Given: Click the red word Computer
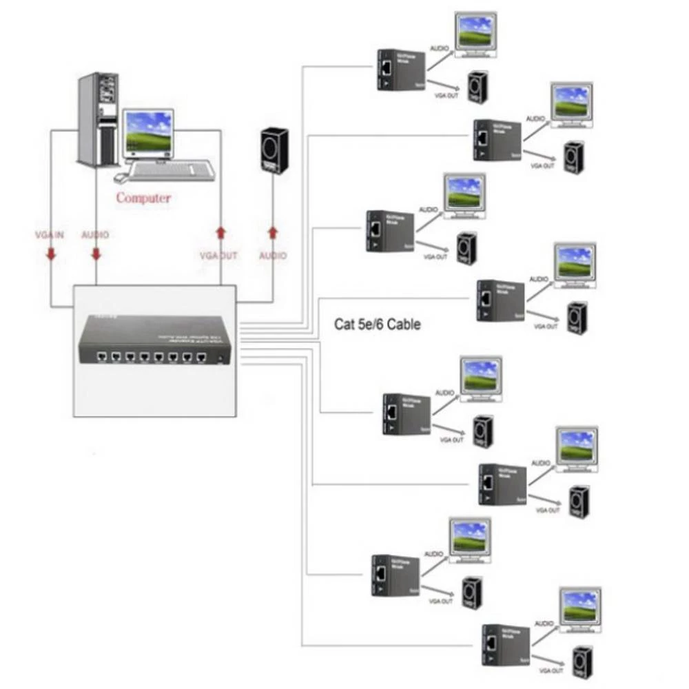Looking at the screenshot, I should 143,198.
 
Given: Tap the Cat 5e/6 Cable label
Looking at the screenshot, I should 377,324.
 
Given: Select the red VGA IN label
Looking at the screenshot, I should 50,235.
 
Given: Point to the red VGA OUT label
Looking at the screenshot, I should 218,256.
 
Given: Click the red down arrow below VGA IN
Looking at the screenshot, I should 50,254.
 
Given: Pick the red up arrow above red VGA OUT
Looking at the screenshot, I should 220,232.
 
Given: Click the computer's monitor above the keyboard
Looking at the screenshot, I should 147,133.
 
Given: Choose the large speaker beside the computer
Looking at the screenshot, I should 274,150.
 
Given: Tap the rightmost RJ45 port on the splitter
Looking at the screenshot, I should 201,358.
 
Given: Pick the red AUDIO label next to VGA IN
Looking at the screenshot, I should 95,235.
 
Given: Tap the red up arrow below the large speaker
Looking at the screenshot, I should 272,232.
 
